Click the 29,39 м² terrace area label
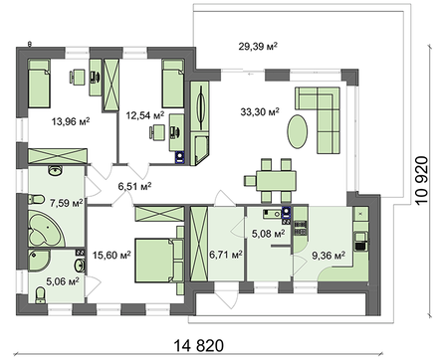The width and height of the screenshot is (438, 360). coord(256,46)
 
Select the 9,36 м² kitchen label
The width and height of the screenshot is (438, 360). coord(328,255)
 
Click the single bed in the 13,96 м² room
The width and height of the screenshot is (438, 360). coord(38,84)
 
